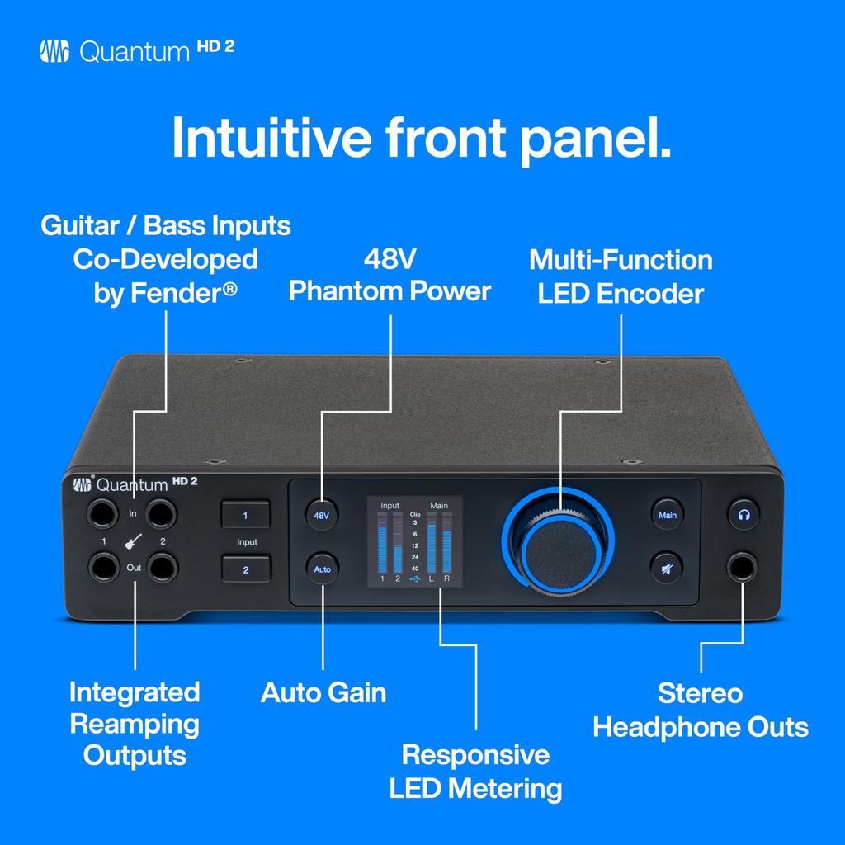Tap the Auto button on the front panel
tap(322, 569)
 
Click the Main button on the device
tap(667, 515)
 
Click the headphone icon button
tap(744, 515)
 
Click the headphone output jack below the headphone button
tap(744, 568)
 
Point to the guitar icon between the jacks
tap(133, 542)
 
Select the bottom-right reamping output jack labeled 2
tap(163, 568)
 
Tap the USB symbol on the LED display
tap(414, 579)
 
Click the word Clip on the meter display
tap(414, 513)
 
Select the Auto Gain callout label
tap(323, 692)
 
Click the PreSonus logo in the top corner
tap(54, 51)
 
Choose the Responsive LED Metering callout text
tap(475, 771)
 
